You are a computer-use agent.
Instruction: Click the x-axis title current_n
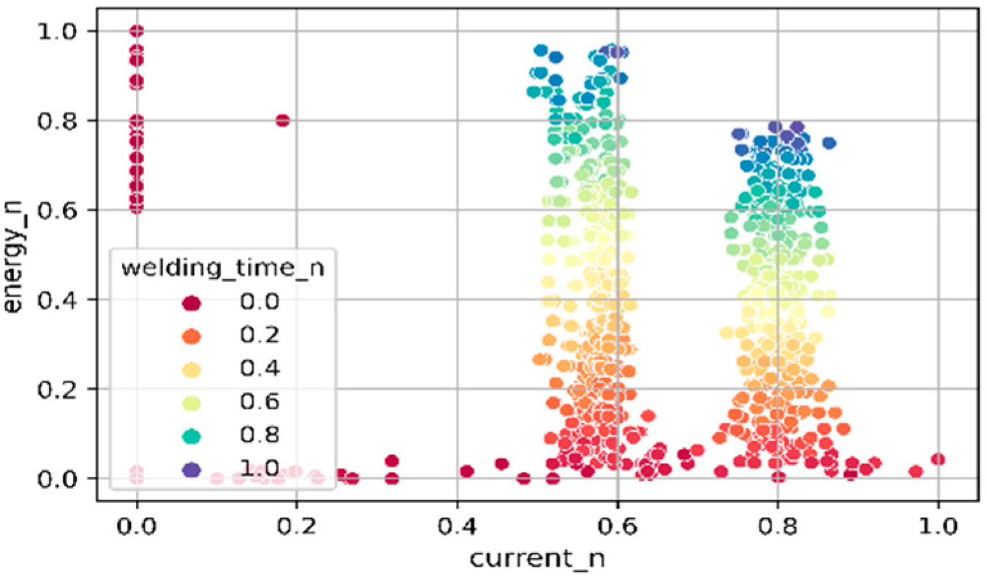click(x=537, y=558)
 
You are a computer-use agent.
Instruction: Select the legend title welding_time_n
click(x=223, y=267)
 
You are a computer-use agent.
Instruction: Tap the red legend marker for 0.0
click(x=191, y=303)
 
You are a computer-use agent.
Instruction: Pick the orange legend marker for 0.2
click(x=191, y=336)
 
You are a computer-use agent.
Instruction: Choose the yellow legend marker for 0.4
click(x=191, y=370)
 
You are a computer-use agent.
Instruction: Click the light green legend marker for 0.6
click(x=191, y=403)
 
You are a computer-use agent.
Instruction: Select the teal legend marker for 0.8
click(x=191, y=437)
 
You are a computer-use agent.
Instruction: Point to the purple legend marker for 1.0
click(x=191, y=470)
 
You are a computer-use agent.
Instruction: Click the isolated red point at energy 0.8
click(x=282, y=120)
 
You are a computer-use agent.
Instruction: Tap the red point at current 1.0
click(x=938, y=459)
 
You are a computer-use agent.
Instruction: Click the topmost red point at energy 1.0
click(x=137, y=31)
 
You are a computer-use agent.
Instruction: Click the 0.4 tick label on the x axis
click(x=457, y=527)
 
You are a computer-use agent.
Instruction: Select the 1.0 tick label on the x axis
click(x=938, y=527)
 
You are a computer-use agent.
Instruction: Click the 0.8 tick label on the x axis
click(x=777, y=527)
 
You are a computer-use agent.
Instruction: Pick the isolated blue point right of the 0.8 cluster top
click(x=829, y=143)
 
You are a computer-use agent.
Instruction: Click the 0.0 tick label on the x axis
click(x=137, y=527)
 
